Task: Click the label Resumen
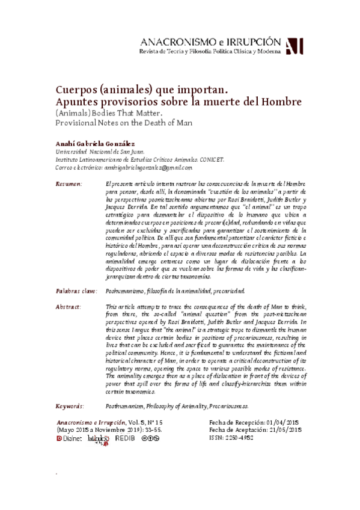(68, 183)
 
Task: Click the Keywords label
(69, 406)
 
